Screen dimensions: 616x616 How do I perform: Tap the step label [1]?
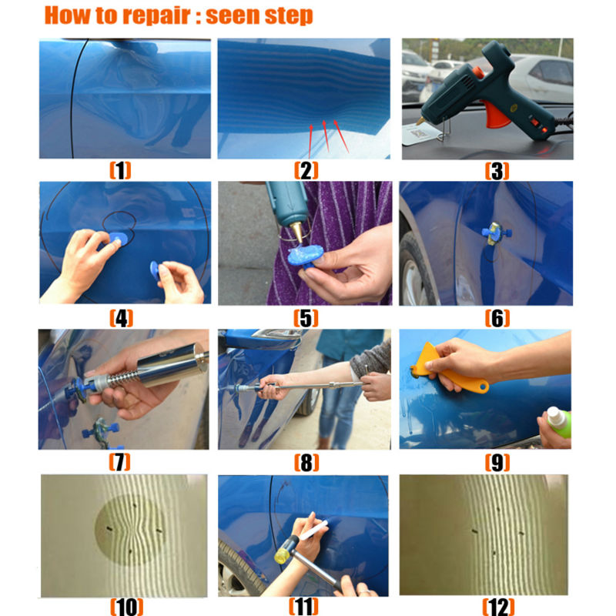tap(119, 170)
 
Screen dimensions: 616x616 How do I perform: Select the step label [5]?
tap(306, 316)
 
